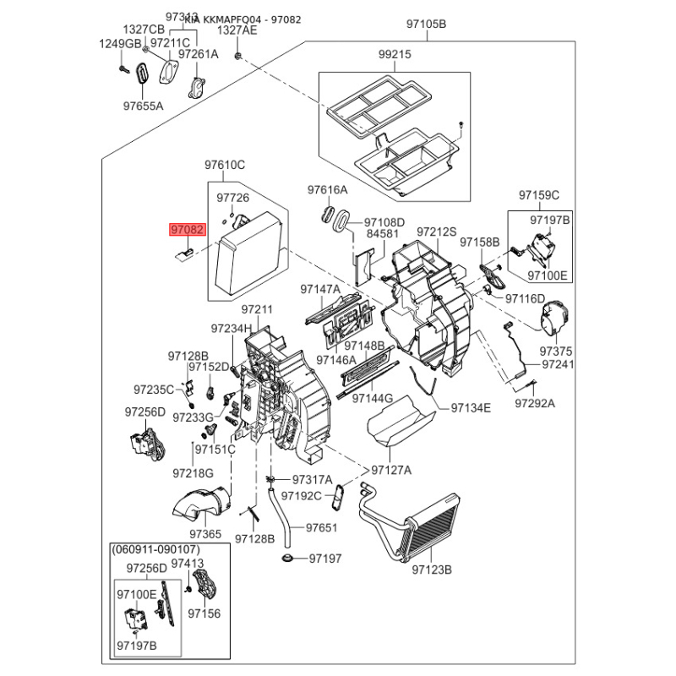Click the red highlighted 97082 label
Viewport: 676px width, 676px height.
[187, 229]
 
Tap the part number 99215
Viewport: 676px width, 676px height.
[394, 53]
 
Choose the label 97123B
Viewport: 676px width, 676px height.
[433, 570]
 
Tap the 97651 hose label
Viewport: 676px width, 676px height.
[321, 527]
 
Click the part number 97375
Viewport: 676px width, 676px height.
[556, 351]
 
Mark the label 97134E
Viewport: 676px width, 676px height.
[471, 407]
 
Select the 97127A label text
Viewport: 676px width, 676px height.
[391, 470]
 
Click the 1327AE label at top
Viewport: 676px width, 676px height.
[237, 30]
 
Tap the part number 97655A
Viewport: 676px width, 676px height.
[143, 106]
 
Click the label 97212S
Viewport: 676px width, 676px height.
[437, 232]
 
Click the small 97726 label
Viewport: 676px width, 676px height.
[232, 198]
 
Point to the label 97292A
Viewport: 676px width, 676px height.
[535, 404]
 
